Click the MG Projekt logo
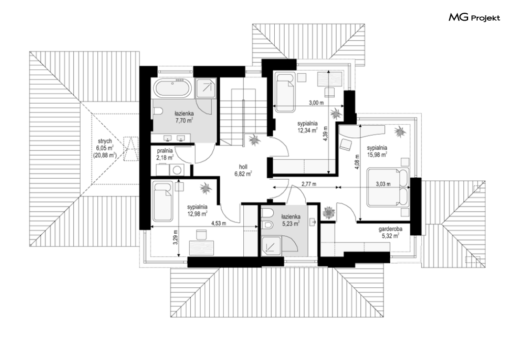tap(474, 17)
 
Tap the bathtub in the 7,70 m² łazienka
tap(172, 88)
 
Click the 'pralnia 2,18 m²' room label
tap(165, 154)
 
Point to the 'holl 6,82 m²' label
tap(243, 170)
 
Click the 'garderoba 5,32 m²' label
tap(390, 232)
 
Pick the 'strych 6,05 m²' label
tap(104, 148)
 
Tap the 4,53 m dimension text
tap(219, 223)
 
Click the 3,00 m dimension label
tap(316, 103)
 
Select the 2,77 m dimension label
tap(309, 184)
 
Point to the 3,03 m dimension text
tap(383, 184)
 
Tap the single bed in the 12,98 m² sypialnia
tap(163, 202)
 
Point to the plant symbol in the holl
tap(254, 140)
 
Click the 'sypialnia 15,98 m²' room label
tap(377, 151)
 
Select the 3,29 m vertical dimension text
tap(176, 236)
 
